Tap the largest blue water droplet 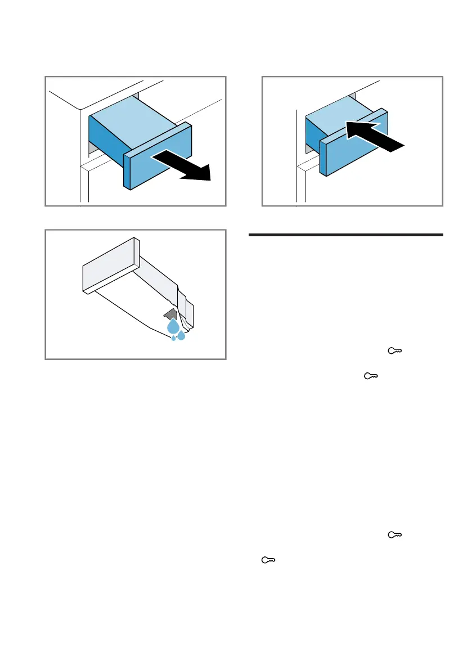(x=174, y=327)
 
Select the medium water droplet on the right (x=181, y=336)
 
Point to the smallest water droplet (x=173, y=338)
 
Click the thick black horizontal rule (x=345, y=235)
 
